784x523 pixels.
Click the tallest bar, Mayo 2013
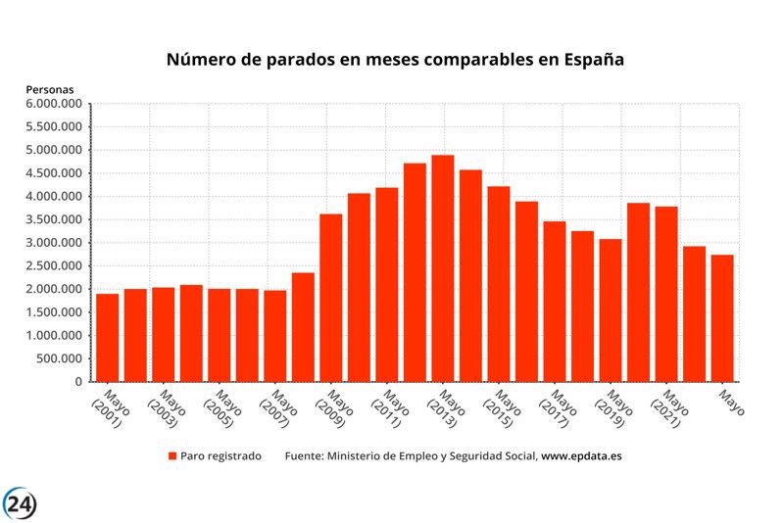(x=443, y=268)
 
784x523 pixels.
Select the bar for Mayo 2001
(x=107, y=337)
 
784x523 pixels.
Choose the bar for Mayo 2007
(x=275, y=335)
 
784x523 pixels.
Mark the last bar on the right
(x=722, y=317)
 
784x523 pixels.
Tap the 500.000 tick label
(x=59, y=358)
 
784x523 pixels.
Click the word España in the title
(x=593, y=60)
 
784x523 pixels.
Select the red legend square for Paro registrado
(x=172, y=456)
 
